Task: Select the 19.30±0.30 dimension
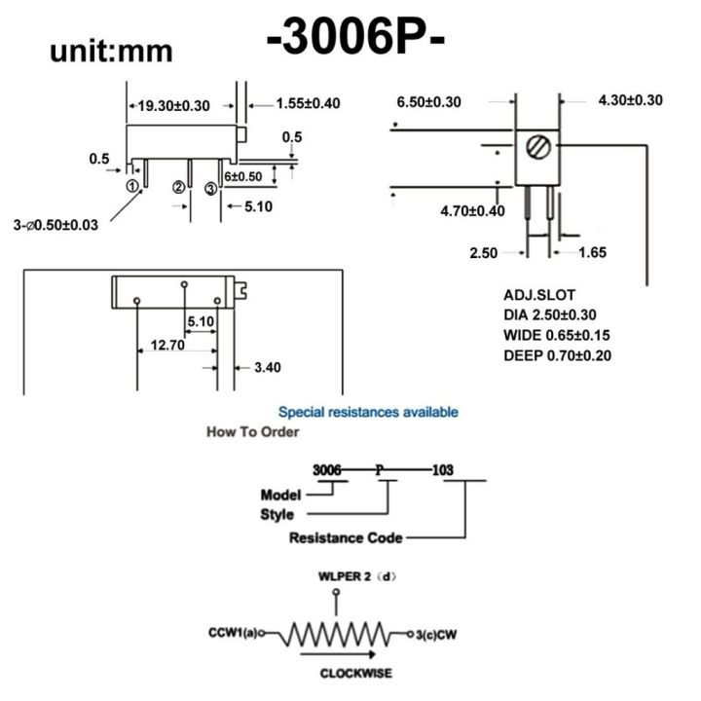point(174,104)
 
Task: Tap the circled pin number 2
point(179,187)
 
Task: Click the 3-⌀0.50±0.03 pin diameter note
point(55,225)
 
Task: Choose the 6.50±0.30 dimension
point(428,101)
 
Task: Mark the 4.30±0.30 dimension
point(630,99)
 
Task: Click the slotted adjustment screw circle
point(536,148)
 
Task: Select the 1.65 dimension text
point(592,252)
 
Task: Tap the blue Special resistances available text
point(368,412)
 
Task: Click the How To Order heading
point(252,431)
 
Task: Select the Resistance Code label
point(346,537)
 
